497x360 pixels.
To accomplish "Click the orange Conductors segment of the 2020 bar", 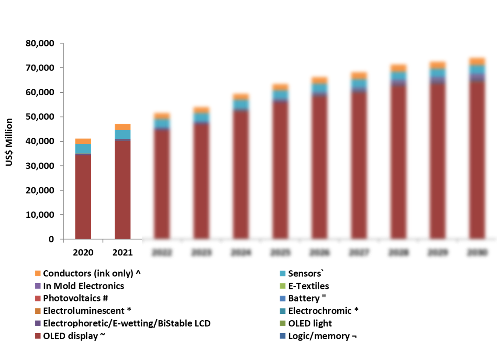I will tap(83, 141).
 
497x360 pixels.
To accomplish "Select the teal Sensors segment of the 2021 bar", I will tap(122, 134).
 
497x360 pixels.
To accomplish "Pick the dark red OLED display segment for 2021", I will tap(122, 189).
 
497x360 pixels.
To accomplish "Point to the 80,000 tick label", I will tap(40, 43).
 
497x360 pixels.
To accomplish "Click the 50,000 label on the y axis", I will tap(40, 117).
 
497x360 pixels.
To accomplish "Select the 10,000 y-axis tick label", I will tap(40, 215).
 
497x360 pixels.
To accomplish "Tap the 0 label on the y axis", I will tap(51, 239).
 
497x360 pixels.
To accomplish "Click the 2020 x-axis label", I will tap(83, 253).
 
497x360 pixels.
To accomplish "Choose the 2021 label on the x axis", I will tap(122, 253).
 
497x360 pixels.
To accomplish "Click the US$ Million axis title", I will tap(9, 142).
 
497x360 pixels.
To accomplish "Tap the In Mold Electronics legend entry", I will tap(83, 286).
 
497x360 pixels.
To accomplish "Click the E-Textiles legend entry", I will tap(308, 286).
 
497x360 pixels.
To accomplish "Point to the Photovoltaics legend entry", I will tap(75, 298).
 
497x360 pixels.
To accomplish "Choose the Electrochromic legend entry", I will tap(323, 311).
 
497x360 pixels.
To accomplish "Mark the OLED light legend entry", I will tap(310, 323).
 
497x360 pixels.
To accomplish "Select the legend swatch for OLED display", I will tap(38, 336).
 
